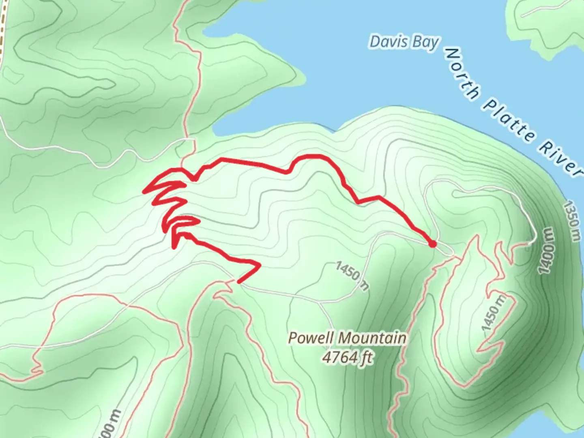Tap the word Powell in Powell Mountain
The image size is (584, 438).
coord(311,338)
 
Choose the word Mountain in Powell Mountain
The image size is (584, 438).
coord(372,338)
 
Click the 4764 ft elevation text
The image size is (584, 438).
coord(347,357)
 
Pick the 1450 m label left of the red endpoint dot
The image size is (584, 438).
coord(352,276)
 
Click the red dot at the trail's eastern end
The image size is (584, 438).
coord(432,244)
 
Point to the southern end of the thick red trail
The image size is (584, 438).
coord(238,282)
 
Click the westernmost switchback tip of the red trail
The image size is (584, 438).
coord(144,192)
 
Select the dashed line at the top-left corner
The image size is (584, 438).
coord(3,28)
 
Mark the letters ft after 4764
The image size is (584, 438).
coord(367,358)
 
